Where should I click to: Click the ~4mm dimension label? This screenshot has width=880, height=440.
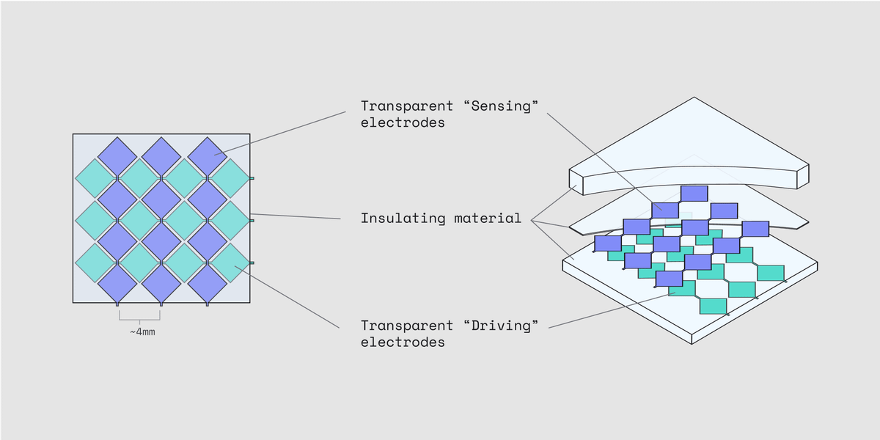[x=142, y=331]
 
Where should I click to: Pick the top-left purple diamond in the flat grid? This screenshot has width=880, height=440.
[x=117, y=155]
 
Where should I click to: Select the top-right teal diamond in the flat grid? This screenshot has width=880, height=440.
[x=230, y=178]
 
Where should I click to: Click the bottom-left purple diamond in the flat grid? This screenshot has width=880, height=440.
[x=117, y=282]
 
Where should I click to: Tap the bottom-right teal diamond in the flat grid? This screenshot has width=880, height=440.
[x=230, y=263]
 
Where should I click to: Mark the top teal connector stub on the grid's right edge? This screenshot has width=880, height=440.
[x=252, y=178]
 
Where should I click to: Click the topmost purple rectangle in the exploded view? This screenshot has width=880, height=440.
[x=694, y=194]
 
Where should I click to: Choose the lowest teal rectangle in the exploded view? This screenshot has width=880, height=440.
[x=713, y=305]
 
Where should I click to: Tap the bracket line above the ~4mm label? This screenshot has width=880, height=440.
[x=139, y=319]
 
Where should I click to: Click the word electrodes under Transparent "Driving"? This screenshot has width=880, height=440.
[x=403, y=342]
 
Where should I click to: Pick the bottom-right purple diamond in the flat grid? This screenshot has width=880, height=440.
[x=208, y=282]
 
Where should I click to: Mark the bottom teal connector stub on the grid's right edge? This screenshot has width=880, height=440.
[x=252, y=263]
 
